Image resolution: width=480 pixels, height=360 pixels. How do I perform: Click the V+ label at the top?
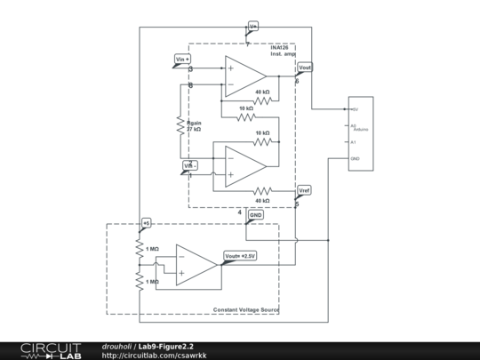pyautogui.click(x=252, y=27)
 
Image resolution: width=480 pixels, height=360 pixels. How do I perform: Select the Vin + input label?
pyautogui.click(x=183, y=59)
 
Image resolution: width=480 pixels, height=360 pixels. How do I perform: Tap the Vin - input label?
pyautogui.click(x=191, y=165)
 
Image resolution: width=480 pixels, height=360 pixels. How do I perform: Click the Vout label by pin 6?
pyautogui.click(x=305, y=67)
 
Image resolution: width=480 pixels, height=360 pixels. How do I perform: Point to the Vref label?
pyautogui.click(x=304, y=190)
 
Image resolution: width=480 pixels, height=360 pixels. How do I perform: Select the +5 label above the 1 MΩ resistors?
pyautogui.click(x=147, y=222)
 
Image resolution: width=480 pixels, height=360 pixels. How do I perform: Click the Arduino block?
pyautogui.click(x=359, y=133)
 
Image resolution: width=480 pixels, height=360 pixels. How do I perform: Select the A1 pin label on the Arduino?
pyautogui.click(x=353, y=141)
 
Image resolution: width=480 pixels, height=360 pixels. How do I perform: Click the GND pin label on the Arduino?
pyautogui.click(x=355, y=159)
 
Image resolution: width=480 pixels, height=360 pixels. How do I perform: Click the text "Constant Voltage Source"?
pyautogui.click(x=244, y=309)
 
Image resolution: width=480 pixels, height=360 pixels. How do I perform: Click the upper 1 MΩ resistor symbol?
pyautogui.click(x=139, y=249)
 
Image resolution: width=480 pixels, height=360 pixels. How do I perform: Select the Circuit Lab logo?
pyautogui.click(x=50, y=351)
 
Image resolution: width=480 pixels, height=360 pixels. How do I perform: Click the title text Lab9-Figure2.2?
pyautogui.click(x=165, y=347)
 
